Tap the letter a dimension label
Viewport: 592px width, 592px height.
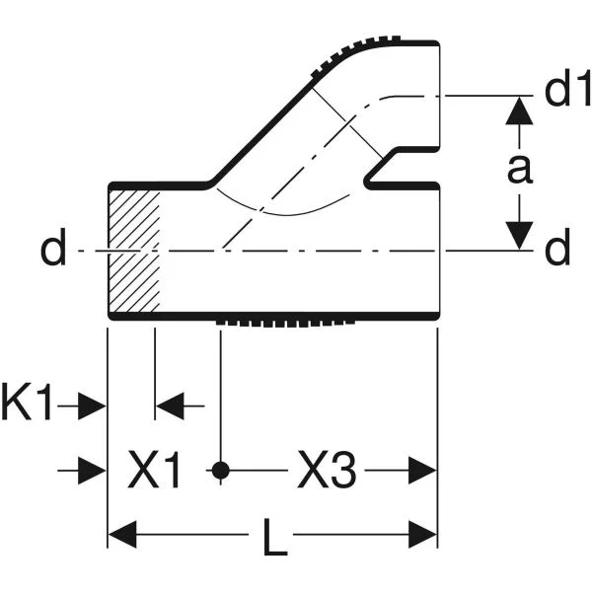coord(520,169)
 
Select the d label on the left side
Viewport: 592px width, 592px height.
coord(53,248)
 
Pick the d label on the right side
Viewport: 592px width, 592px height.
coord(557,248)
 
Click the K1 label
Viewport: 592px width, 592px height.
coord(27,402)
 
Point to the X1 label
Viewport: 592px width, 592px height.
coord(154,470)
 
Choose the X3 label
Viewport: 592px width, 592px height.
coord(327,470)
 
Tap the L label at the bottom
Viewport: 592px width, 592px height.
coord(275,538)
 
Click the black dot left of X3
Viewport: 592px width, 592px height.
coord(220,471)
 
